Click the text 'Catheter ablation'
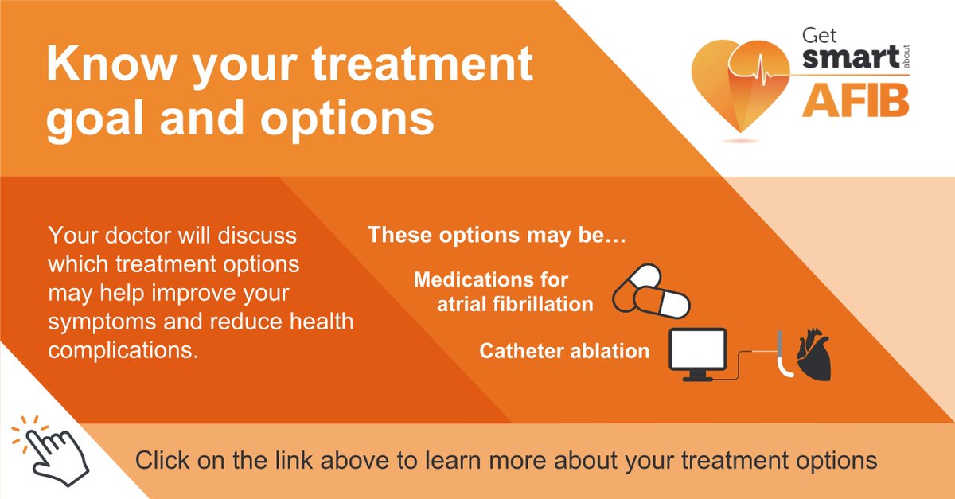coord(564,351)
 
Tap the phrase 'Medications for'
coord(491,280)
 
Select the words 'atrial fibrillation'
coord(515,304)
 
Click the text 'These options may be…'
coord(488,236)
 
